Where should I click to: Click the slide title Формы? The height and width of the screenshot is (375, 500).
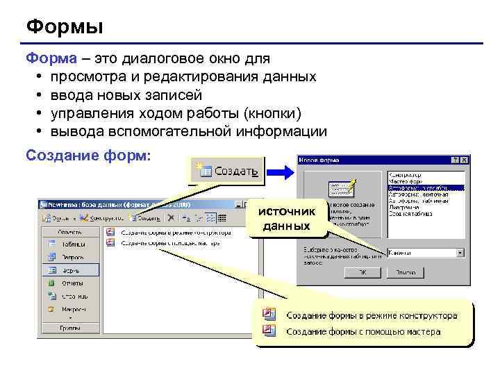pyautogui.click(x=64, y=27)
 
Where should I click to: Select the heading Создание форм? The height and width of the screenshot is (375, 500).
pyautogui.click(x=87, y=154)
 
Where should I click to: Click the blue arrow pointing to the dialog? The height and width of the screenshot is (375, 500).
pyautogui.click(x=280, y=171)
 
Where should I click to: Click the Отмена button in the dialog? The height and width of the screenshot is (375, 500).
pyautogui.click(x=407, y=273)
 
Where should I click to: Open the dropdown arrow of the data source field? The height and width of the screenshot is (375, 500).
pyautogui.click(x=460, y=253)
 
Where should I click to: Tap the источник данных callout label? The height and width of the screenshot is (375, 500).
pyautogui.click(x=287, y=218)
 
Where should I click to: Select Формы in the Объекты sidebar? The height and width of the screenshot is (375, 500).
pyautogui.click(x=71, y=270)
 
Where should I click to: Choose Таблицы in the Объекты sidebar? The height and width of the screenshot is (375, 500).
pyautogui.click(x=72, y=244)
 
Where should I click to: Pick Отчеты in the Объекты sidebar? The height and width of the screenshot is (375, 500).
pyautogui.click(x=72, y=283)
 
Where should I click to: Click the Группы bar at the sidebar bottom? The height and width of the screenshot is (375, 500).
pyautogui.click(x=69, y=326)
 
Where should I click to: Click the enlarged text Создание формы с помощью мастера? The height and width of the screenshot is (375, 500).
pyautogui.click(x=363, y=332)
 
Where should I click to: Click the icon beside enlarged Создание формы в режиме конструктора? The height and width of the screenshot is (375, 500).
pyautogui.click(x=269, y=315)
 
